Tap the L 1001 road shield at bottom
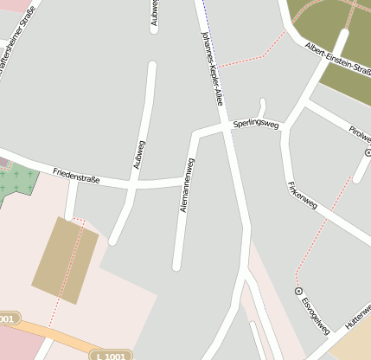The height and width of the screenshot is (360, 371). click(110, 356)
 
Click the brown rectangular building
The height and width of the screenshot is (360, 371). click(65, 260)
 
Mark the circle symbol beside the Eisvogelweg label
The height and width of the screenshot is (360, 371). click(299, 292)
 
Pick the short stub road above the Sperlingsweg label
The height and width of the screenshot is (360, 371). click(262, 106)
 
